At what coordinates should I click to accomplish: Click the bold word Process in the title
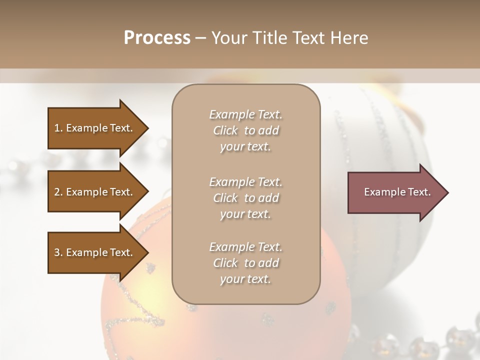coord(157,38)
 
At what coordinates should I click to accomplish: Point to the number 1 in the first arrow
coord(57,128)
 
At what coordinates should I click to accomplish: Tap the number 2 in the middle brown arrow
coord(57,192)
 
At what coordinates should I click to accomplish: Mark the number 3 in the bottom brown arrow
coord(57,252)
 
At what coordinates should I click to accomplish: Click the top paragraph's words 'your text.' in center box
coord(245,147)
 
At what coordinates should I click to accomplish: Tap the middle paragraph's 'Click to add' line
coord(245,198)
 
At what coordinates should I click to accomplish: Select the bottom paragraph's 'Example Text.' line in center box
coord(245,247)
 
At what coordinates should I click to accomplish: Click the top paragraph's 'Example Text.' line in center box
coord(245,114)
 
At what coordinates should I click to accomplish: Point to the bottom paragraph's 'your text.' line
coord(245,279)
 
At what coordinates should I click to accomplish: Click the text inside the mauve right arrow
coord(397,192)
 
